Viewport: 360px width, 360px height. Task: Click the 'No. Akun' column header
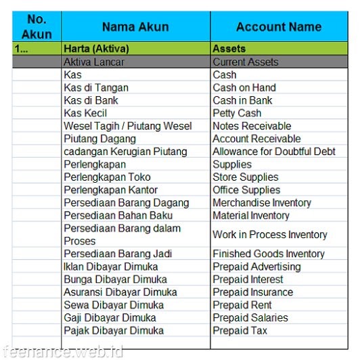click(37, 27)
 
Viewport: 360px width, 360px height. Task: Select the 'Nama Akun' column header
click(135, 27)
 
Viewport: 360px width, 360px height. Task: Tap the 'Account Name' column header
click(278, 27)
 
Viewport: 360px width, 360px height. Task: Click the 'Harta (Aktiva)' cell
click(96, 49)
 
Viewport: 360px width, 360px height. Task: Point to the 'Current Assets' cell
click(245, 62)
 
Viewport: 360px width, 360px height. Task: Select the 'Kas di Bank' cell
click(91, 100)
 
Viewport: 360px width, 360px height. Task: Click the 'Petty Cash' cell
click(237, 113)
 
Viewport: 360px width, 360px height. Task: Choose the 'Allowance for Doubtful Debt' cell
click(274, 152)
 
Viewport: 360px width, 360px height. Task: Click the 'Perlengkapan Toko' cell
click(108, 177)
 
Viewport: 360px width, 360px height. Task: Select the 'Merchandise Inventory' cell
click(262, 203)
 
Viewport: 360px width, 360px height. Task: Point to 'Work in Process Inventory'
click(270, 235)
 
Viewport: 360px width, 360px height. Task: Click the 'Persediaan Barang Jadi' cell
click(118, 254)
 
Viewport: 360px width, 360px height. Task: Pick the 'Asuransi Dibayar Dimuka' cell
click(120, 292)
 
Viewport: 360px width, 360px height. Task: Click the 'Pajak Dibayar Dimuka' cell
click(114, 331)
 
